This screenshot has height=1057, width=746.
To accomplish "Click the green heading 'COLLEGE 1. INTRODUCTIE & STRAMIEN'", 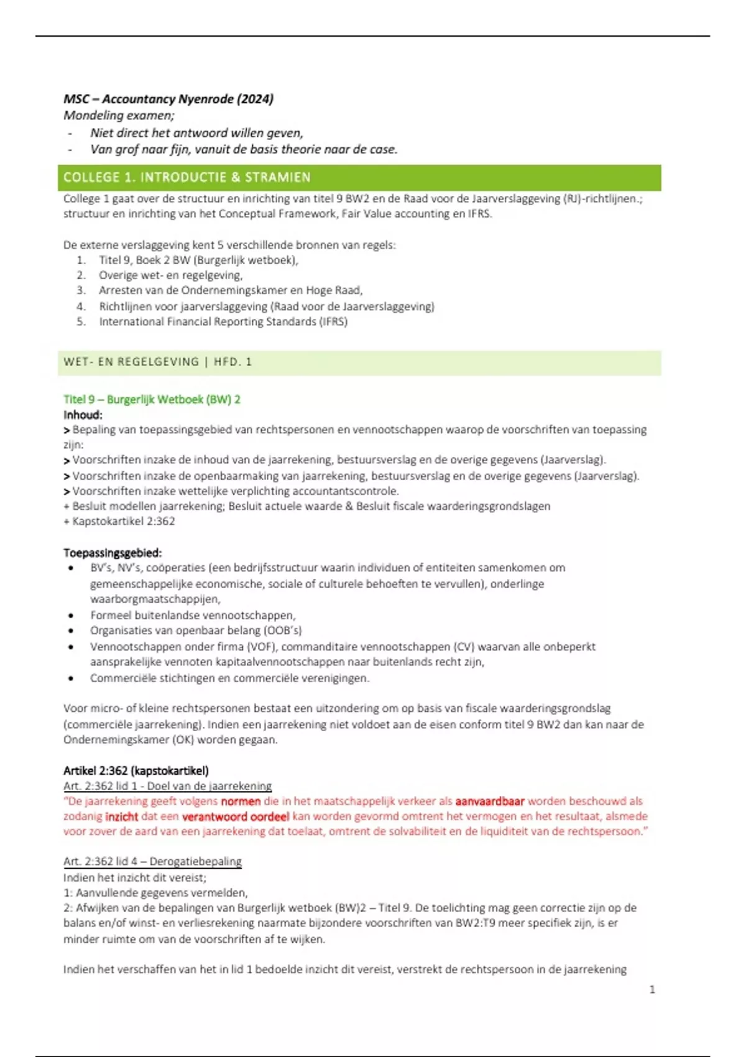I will pyautogui.click(x=186, y=177).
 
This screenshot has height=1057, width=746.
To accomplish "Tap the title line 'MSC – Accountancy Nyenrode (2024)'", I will pyautogui.click(x=168, y=99).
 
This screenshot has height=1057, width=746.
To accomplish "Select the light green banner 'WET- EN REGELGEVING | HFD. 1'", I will pyautogui.click(x=158, y=362).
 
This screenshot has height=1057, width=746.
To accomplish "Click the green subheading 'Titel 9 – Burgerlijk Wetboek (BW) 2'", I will pyautogui.click(x=152, y=399).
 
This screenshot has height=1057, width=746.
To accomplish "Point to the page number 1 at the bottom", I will pyautogui.click(x=652, y=989).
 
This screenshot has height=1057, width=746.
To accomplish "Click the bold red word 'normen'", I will pyautogui.click(x=241, y=801).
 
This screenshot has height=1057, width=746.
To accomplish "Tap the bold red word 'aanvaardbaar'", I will pyautogui.click(x=490, y=801).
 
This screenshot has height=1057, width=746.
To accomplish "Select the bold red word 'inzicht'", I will pyautogui.click(x=121, y=816).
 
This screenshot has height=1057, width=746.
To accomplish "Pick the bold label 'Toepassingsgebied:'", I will pyautogui.click(x=113, y=553).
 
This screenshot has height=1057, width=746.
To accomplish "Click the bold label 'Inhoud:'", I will pyautogui.click(x=83, y=415).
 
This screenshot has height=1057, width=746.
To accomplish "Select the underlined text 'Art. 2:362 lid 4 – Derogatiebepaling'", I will pyautogui.click(x=152, y=861).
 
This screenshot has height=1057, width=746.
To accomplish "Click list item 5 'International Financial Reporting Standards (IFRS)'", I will pyautogui.click(x=223, y=321).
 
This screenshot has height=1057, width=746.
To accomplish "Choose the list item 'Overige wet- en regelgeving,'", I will pyautogui.click(x=170, y=275).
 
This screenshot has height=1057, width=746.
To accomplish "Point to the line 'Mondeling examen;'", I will pyautogui.click(x=119, y=116).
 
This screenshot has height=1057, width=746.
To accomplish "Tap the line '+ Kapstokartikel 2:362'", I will pyautogui.click(x=119, y=521).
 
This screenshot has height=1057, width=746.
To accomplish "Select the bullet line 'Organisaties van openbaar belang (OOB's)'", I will pyautogui.click(x=196, y=630).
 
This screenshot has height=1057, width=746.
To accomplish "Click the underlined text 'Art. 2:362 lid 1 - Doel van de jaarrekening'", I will pyautogui.click(x=167, y=786).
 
